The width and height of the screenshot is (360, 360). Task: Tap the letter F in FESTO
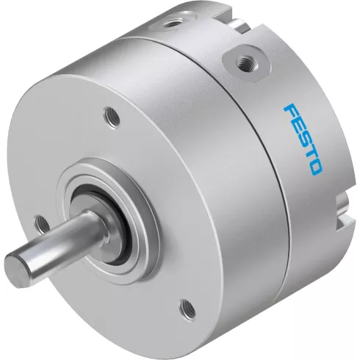(291, 112)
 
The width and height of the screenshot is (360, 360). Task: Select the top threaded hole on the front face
(112, 116)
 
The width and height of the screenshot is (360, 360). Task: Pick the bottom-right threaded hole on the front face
(188, 307)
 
